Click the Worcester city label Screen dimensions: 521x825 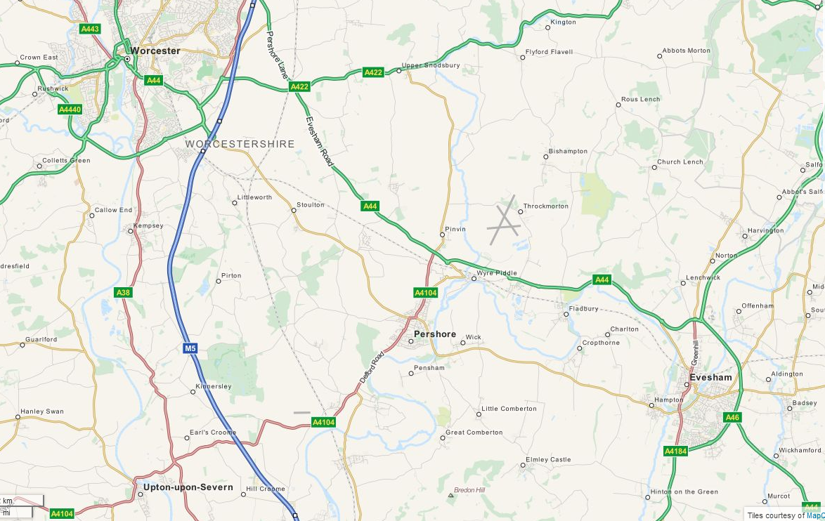155,51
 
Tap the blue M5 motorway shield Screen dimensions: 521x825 190,348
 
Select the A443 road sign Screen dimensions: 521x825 90,29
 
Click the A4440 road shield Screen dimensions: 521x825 70,110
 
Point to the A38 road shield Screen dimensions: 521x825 122,291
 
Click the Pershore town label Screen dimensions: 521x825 435,334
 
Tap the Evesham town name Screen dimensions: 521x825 710,377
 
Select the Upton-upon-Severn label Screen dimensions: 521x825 188,487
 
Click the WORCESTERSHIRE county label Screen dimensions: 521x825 240,144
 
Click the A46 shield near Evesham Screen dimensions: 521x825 732,417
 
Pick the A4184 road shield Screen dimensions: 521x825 675,451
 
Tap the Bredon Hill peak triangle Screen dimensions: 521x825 450,496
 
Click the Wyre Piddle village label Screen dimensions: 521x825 497,273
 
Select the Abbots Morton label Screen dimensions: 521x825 687,51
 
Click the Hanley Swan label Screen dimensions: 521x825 42,411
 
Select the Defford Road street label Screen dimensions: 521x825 373,367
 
